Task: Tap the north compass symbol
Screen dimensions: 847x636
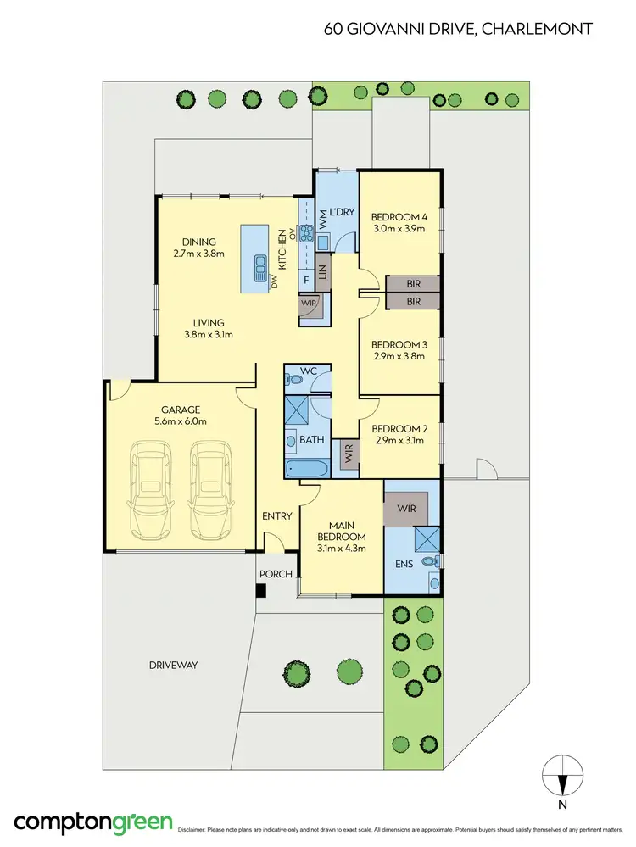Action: (562, 770)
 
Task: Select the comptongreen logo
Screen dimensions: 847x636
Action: (92, 822)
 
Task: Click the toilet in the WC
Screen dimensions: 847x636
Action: (293, 380)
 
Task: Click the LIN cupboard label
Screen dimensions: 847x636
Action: (322, 273)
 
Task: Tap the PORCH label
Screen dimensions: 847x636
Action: (276, 574)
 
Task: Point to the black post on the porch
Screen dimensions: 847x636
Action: (261, 591)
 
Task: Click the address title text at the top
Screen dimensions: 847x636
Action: (458, 30)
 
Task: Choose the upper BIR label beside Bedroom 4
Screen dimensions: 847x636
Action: (414, 282)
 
